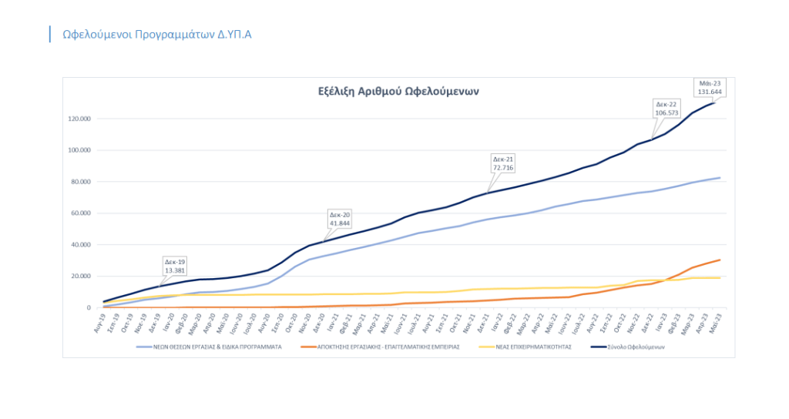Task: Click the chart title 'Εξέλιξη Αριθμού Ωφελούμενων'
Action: pos(398,91)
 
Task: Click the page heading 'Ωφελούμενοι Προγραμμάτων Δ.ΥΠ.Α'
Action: pos(157,35)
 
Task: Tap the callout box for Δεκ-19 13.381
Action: pos(174,266)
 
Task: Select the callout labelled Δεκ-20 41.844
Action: pos(340,218)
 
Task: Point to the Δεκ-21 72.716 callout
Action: pos(503,163)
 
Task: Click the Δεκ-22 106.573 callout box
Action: pos(666,107)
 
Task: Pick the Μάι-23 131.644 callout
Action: pos(710,86)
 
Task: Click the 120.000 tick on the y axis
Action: pos(79,119)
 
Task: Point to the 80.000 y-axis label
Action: pos(80,182)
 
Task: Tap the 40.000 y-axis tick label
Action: pos(80,245)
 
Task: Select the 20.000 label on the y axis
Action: pos(80,277)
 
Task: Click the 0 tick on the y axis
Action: pos(89,308)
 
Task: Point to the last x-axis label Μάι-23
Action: pos(716,323)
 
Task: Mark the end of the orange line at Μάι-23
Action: pos(720,260)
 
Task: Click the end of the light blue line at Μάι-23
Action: pos(720,178)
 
